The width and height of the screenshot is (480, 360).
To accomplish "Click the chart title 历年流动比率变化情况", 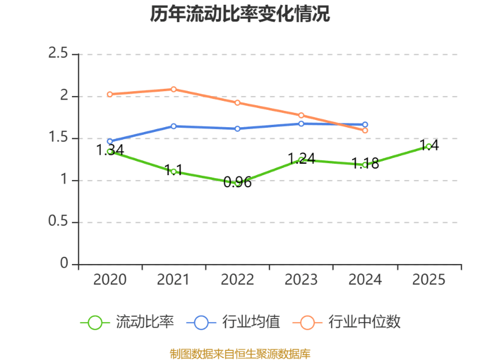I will [x=240, y=14].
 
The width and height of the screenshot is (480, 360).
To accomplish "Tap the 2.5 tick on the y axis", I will [x=58, y=54].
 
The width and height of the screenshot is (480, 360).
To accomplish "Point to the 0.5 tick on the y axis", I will [x=58, y=222].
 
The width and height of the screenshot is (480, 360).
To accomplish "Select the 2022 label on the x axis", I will [x=238, y=280].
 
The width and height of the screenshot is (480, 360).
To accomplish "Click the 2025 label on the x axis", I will [x=429, y=280].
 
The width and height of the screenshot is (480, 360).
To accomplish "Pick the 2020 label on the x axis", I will [x=110, y=280].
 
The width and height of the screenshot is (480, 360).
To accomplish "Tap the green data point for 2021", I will [x=174, y=172].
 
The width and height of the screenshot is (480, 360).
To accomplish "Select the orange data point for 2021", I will [x=174, y=89].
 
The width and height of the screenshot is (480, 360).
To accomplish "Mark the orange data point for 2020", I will [x=110, y=94].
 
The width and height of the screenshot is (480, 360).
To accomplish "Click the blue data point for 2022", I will [x=238, y=128].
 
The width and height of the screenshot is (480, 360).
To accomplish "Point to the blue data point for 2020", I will [x=110, y=142].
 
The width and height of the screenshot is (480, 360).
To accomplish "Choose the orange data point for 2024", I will [x=365, y=130].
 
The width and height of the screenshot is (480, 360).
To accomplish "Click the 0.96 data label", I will [x=238, y=182].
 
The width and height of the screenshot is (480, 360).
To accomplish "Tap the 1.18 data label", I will [x=365, y=164].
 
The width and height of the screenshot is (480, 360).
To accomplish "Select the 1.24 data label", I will [x=301, y=158].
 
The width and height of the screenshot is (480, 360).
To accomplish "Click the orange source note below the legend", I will [x=240, y=353].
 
